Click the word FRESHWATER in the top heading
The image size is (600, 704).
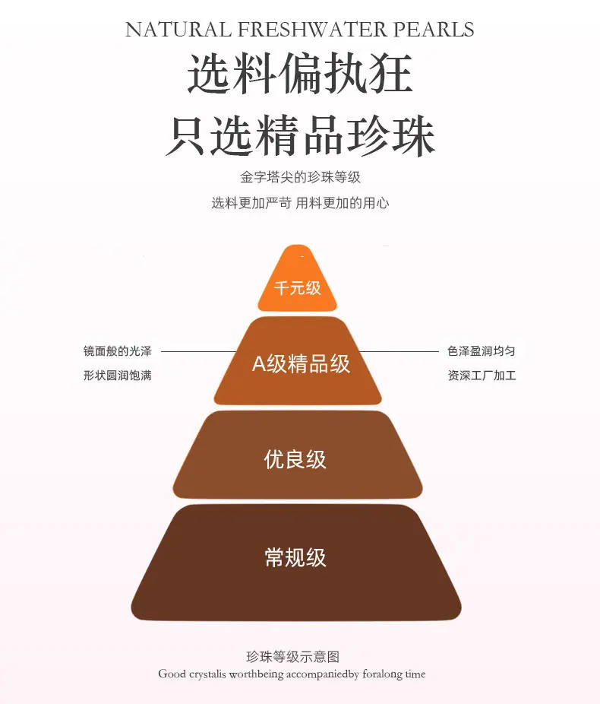[312, 30]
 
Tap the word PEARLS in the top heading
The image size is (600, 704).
[434, 30]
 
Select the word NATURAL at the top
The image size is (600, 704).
[178, 30]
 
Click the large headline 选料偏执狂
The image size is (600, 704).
[299, 74]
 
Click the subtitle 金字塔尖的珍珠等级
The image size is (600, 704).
[300, 177]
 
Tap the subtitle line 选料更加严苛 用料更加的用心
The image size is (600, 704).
[300, 203]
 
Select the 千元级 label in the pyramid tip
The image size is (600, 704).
[297, 288]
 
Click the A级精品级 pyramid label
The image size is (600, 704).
[301, 363]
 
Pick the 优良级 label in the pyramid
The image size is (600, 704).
[295, 459]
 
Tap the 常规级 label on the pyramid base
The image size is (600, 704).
[295, 557]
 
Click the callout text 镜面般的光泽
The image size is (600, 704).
[118, 351]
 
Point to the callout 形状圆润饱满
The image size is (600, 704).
[118, 376]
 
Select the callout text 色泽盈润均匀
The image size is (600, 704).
[482, 351]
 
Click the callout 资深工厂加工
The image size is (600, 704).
[482, 376]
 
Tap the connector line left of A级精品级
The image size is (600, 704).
[199, 351]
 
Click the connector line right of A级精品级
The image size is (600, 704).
[399, 351]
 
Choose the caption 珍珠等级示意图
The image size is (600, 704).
[293, 657]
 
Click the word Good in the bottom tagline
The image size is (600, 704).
[172, 674]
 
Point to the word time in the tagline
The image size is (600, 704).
[415, 674]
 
